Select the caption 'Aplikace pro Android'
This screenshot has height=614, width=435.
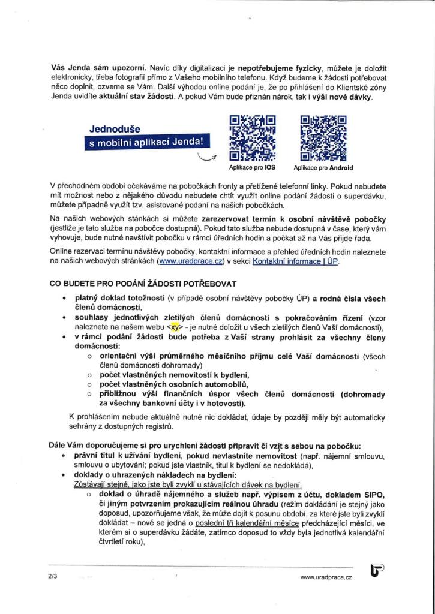(x=323, y=168)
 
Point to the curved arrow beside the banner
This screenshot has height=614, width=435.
(x=207, y=158)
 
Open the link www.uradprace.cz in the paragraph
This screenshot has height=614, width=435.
(x=189, y=261)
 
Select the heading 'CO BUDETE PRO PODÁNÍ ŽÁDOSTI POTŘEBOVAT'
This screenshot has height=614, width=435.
(x=143, y=283)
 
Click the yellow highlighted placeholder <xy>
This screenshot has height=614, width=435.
(x=175, y=327)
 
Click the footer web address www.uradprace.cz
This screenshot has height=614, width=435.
(x=326, y=576)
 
